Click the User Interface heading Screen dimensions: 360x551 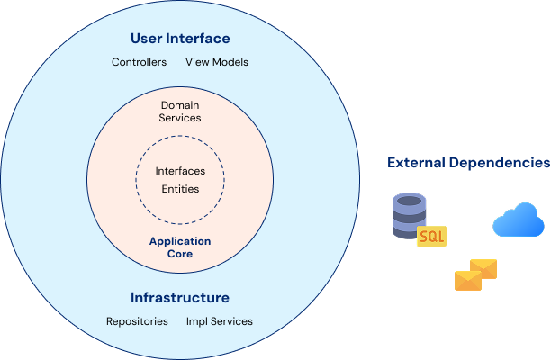[x=180, y=39]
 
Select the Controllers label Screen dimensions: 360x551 [x=139, y=63]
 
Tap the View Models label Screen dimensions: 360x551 [x=217, y=63]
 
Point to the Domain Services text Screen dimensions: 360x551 [x=180, y=112]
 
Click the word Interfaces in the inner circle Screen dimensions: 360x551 [x=180, y=171]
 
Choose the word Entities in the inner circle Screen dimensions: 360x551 [x=180, y=189]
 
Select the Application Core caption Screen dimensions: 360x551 [x=180, y=247]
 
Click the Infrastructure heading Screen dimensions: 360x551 [x=180, y=298]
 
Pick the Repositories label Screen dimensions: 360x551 [x=137, y=321]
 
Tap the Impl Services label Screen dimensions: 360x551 [x=220, y=321]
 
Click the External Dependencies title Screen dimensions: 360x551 [x=468, y=163]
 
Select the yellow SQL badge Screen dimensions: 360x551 [x=432, y=236]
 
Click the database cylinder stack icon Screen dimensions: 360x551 [x=407, y=215]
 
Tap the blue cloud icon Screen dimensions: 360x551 [x=519, y=220]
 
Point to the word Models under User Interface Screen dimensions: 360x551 [x=232, y=63]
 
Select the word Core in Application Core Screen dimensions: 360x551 [x=180, y=255]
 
